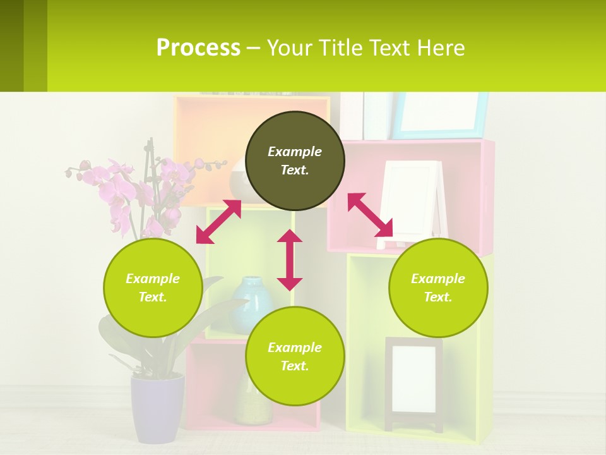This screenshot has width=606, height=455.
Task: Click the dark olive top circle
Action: point(295,161)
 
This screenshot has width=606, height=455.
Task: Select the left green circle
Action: point(153,288)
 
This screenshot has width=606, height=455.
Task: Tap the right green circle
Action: point(438,288)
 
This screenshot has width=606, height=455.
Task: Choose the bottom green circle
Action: point(295,356)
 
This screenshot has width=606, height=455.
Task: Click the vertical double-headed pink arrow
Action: point(290,260)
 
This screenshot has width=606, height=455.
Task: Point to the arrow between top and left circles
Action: point(218,222)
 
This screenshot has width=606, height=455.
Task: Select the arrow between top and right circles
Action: point(370,215)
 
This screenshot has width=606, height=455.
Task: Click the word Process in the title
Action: point(198,48)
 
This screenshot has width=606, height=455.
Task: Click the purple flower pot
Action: point(157,407)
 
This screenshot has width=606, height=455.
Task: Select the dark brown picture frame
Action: point(413,383)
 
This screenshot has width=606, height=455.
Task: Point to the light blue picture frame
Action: point(441,115)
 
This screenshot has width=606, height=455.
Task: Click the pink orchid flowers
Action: point(126,190)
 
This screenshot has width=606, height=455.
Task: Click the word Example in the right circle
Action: point(438,279)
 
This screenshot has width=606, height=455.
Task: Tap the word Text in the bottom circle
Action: point(294,366)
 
